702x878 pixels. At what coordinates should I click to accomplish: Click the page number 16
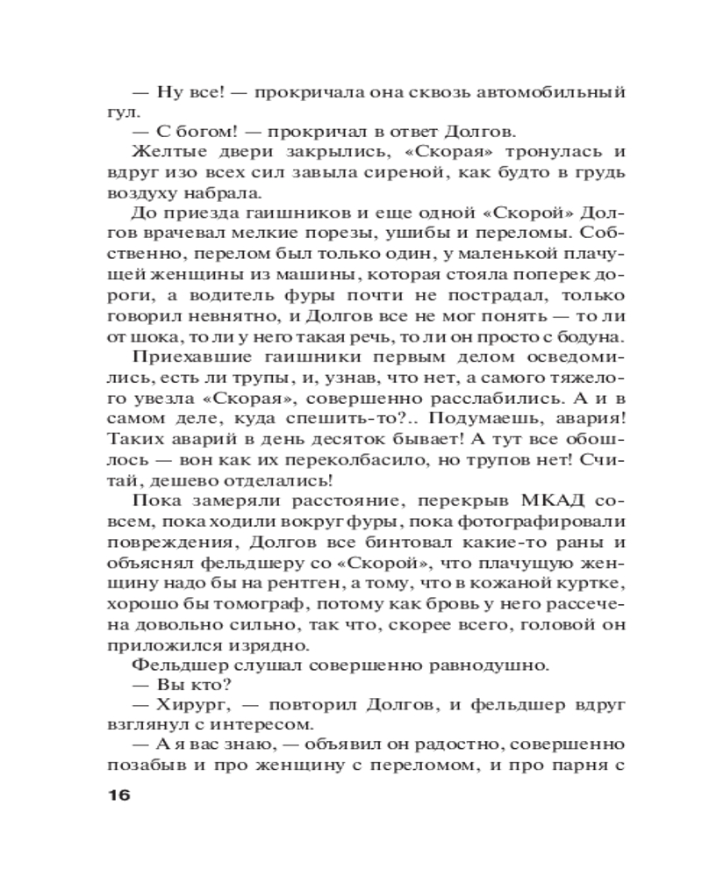pos(117,796)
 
